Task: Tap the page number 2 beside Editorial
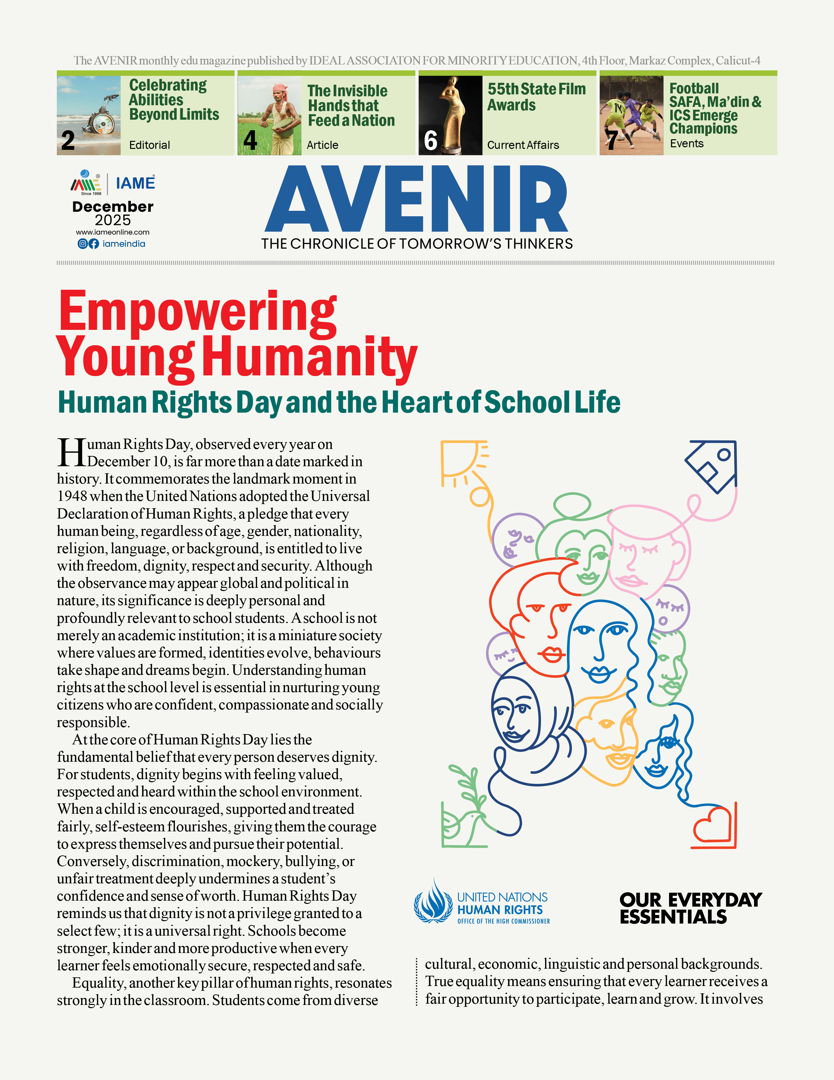coord(68,141)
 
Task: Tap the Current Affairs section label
coord(523,145)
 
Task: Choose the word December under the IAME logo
coord(113,207)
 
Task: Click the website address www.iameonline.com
coord(113,232)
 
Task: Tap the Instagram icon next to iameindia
coord(83,244)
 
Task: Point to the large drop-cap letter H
coord(72,452)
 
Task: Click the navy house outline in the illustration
coord(712,465)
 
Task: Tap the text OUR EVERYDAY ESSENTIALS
coord(691,908)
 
